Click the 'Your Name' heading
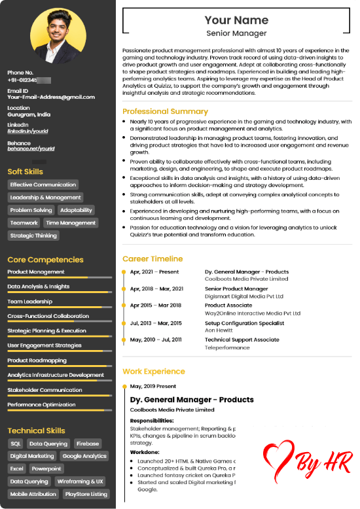[236, 20]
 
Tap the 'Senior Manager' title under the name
[236, 33]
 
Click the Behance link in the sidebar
[31, 149]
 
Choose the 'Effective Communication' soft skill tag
[43, 185]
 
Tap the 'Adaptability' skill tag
[76, 210]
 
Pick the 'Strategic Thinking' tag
[33, 236]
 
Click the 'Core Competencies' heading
[45, 260]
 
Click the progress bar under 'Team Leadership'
[60, 307]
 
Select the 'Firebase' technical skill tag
[87, 444]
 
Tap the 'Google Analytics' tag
[84, 456]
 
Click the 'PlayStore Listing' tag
[86, 494]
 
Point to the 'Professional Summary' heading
[165, 111]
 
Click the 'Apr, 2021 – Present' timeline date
[154, 272]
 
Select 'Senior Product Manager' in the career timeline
[236, 289]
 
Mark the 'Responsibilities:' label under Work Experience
[152, 420]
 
